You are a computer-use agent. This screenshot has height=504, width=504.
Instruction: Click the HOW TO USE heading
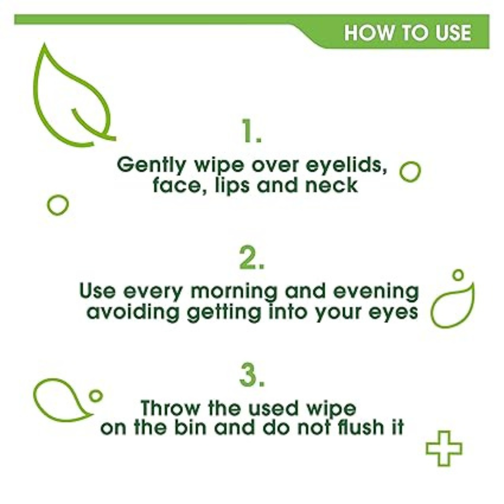(407, 33)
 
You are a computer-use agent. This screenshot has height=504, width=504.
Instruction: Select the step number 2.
(251, 257)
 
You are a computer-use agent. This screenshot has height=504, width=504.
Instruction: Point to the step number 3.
(252, 375)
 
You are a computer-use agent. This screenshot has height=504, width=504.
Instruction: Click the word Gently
(151, 165)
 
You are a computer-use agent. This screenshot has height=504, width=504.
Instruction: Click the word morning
(234, 292)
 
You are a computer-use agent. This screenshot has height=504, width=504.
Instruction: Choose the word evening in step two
(376, 292)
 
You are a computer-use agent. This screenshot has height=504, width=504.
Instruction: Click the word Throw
(171, 409)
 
